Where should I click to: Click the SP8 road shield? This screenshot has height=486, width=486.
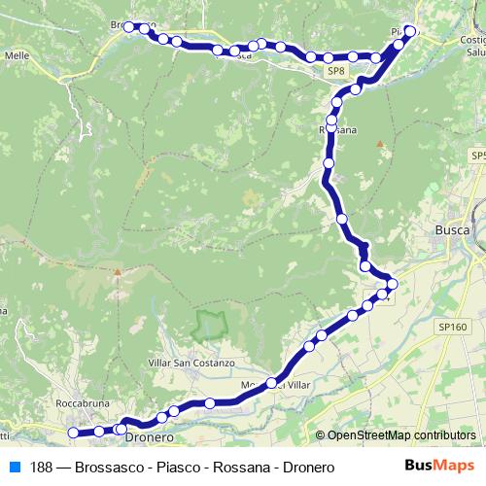[x=336, y=71]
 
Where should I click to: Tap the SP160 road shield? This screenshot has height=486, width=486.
[x=451, y=328]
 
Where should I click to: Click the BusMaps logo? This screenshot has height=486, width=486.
[x=439, y=467]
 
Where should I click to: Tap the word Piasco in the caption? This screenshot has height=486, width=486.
[x=160, y=468]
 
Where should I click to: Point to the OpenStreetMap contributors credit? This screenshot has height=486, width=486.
[x=397, y=436]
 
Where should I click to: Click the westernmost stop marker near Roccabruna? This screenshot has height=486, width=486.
[x=73, y=433]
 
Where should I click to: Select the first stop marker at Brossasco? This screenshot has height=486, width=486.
[x=127, y=26]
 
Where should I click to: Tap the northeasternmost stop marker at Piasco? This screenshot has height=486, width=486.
[x=410, y=31]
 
